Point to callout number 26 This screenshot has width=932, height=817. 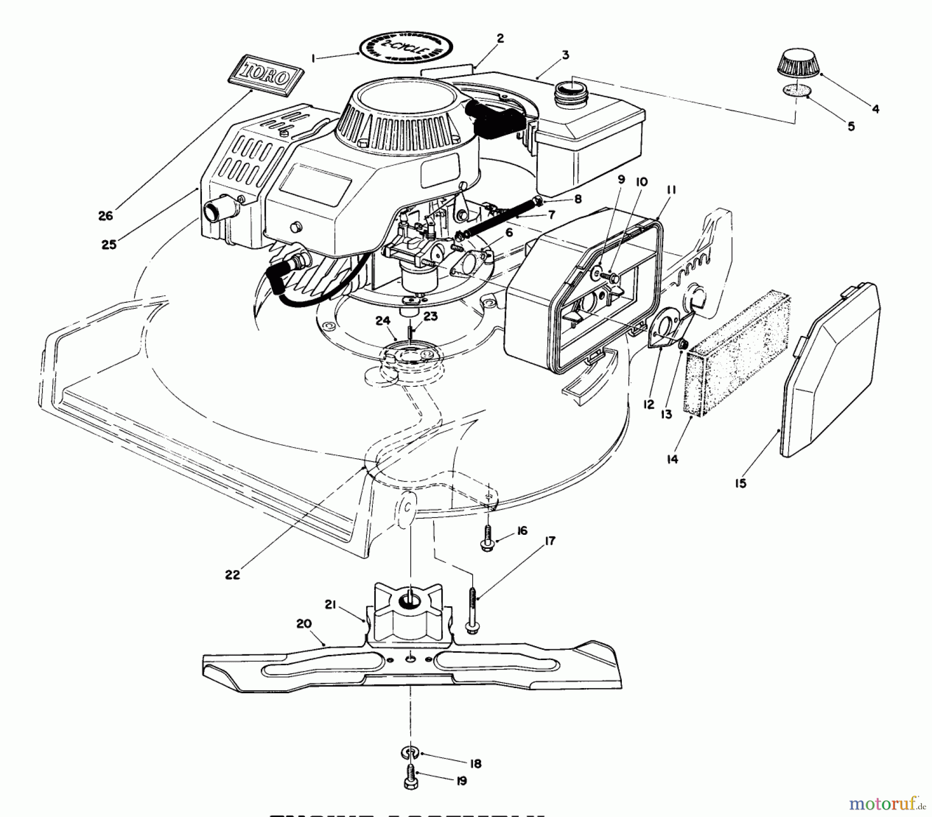tap(106, 215)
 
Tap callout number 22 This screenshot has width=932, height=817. tap(232, 574)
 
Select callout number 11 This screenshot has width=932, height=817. tap(671, 190)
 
